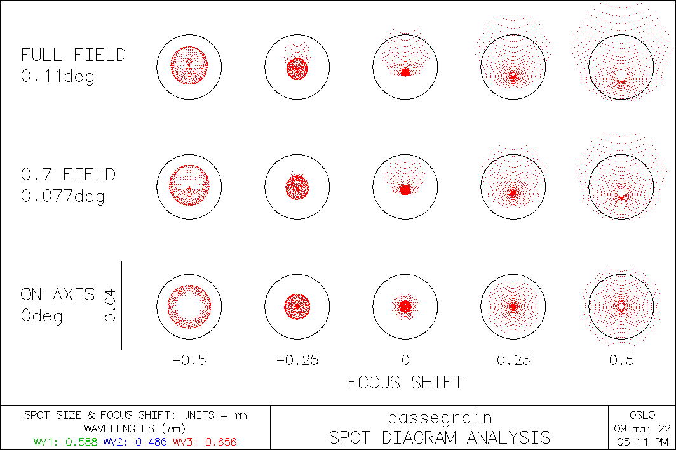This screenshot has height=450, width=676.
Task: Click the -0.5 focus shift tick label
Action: [189, 360]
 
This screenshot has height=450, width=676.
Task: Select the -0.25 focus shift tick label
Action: [297, 360]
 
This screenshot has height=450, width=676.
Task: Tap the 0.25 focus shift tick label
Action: [513, 360]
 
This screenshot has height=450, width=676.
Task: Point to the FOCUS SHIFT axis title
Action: [405, 382]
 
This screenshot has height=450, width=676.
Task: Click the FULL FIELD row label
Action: [73, 55]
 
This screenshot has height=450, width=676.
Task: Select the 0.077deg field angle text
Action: [63, 196]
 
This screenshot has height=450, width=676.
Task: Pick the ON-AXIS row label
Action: [58, 294]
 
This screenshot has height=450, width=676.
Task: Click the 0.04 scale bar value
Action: [110, 305]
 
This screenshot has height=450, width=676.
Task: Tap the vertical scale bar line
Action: [121, 305]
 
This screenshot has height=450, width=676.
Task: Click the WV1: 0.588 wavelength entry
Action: [63, 440]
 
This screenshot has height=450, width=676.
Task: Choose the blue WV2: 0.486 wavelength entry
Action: [136, 440]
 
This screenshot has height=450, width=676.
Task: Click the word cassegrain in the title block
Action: [440, 418]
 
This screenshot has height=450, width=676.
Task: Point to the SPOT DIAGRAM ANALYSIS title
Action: [440, 437]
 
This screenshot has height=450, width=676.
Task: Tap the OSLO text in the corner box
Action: [642, 415]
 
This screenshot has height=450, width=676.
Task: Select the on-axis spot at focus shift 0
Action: [405, 306]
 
